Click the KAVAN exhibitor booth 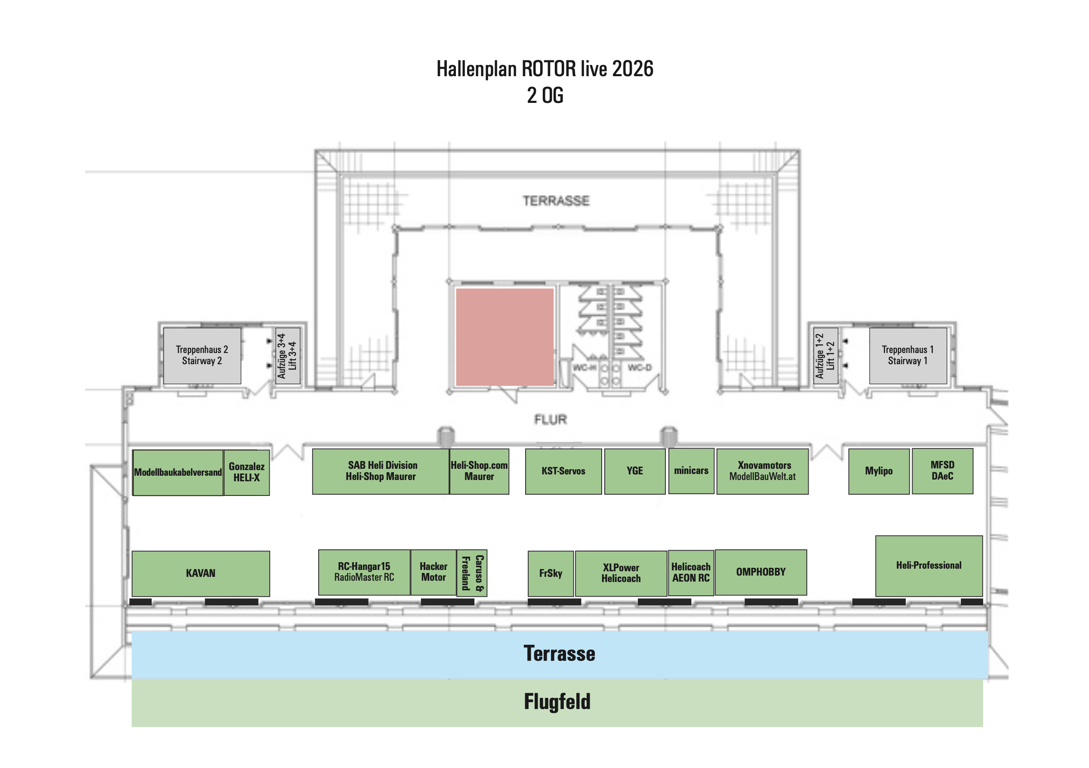[200, 573]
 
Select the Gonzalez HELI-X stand [246, 472]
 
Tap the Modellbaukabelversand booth [178, 472]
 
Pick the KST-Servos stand [563, 471]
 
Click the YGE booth [635, 471]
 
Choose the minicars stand [691, 471]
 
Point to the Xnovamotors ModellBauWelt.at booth [762, 471]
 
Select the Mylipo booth [878, 471]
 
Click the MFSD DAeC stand [942, 471]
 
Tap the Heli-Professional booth [929, 566]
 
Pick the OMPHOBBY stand [761, 573]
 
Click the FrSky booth [551, 573]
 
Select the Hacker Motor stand [434, 573]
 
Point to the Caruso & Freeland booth [472, 573]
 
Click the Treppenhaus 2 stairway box [202, 356]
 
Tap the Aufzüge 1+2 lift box [825, 356]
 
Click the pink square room [505, 337]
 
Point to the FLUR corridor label [551, 420]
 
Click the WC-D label [640, 368]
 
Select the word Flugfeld [557, 702]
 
